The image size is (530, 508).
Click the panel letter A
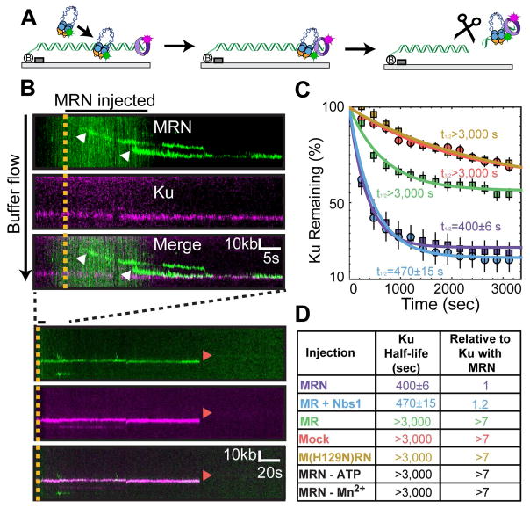click(12, 11)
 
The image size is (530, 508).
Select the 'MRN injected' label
click(104, 100)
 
